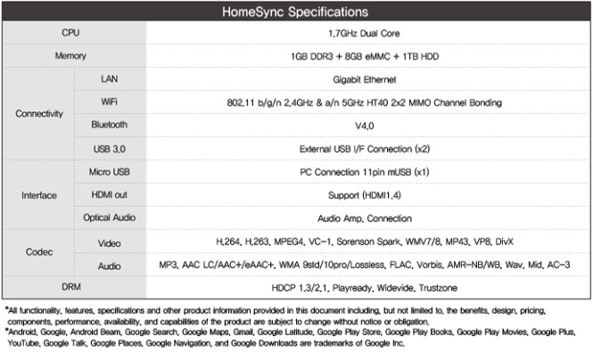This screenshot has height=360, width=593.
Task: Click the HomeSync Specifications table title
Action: tap(296, 13)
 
